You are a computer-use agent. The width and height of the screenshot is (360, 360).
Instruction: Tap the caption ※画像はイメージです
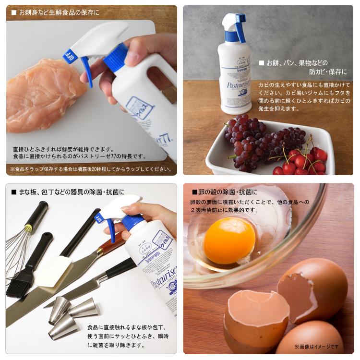coord(317,346)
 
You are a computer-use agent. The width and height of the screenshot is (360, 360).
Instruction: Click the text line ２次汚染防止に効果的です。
coord(224,210)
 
